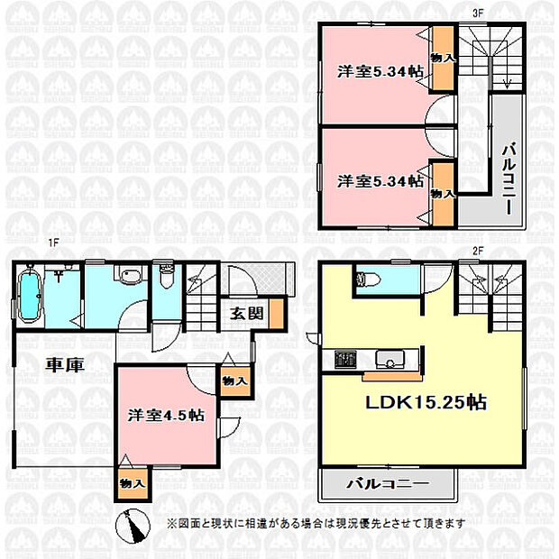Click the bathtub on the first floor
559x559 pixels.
pos(29,296)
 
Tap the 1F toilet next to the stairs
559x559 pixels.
pos(167,277)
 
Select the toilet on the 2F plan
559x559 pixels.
pos(362,279)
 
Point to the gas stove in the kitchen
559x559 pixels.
pos(345,360)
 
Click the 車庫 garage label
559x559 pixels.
pos(65,365)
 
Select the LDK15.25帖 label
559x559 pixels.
pos(426,402)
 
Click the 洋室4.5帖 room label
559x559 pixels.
pos(166,416)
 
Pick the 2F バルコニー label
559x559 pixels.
pos(387,484)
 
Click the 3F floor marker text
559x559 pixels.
pos(477,14)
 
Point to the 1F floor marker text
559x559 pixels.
pos(54,243)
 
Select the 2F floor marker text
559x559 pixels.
pos(477,251)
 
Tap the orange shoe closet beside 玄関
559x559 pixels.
pos(277,314)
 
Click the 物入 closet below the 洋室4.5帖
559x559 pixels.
pos(133,484)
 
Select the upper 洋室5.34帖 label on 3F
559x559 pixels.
pos(380,72)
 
